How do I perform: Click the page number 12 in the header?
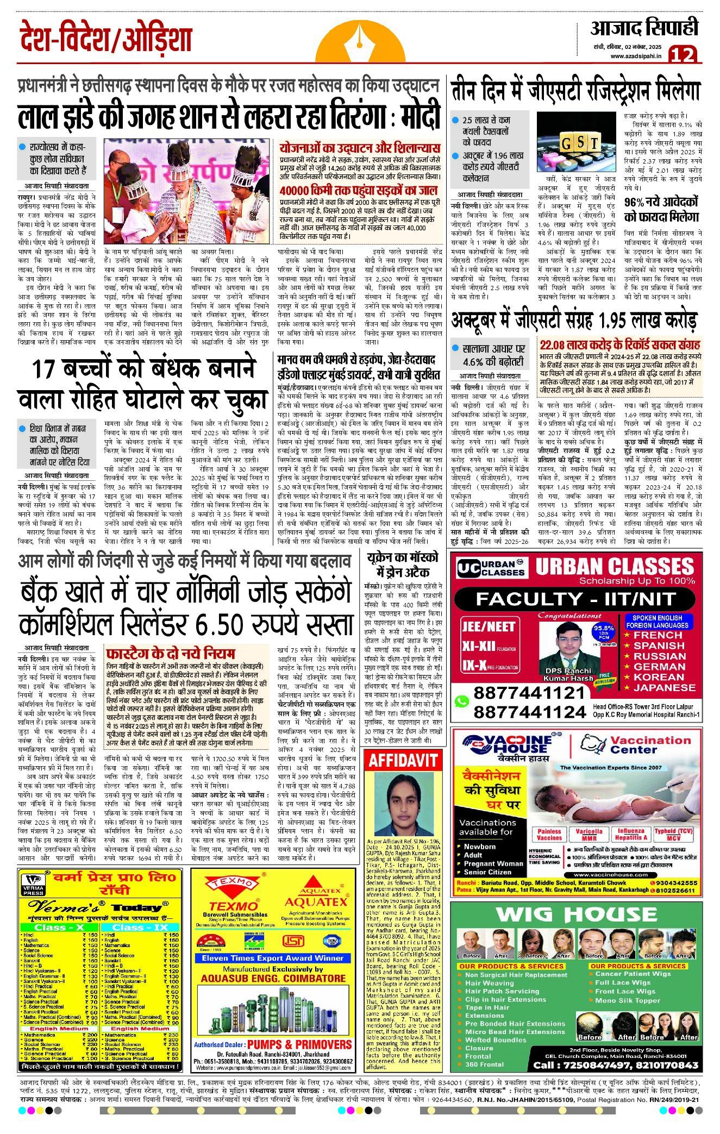[682, 55]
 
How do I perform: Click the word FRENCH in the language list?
[657, 635]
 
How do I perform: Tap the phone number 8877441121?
[529, 693]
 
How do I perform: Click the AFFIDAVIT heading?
[403, 760]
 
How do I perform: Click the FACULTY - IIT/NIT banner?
[576, 599]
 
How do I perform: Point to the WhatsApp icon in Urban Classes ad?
[461, 701]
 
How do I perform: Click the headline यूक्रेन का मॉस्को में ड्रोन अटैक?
[402, 565]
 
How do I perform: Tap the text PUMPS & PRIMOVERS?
[299, 1044]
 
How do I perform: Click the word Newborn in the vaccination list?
[479, 846]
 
